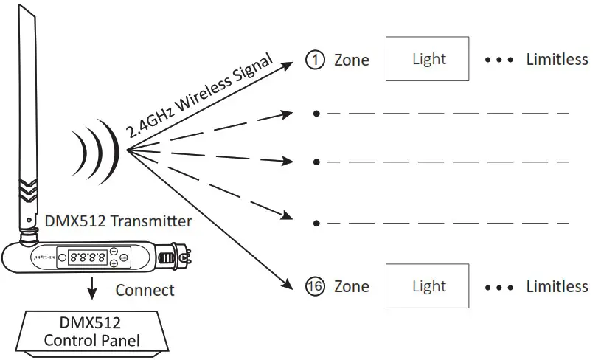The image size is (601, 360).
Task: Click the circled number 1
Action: [x=315, y=60]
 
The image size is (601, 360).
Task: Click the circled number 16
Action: [x=315, y=286]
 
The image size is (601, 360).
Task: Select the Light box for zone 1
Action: [x=428, y=59]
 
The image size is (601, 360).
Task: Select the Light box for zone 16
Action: [x=428, y=286]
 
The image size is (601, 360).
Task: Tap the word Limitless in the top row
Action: [x=557, y=60]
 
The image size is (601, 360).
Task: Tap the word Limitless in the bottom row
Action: [x=557, y=286]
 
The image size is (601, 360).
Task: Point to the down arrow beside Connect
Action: [x=91, y=289]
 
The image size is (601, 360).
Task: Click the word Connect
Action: [x=145, y=290]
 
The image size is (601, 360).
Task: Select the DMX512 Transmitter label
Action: [x=119, y=221]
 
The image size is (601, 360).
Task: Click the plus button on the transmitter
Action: [x=114, y=263]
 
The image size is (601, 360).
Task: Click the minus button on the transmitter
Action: [x=114, y=252]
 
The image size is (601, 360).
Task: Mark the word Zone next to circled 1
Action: [x=352, y=60]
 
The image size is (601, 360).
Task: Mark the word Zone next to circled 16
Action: [x=352, y=286]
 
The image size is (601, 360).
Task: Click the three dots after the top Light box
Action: [x=498, y=60]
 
